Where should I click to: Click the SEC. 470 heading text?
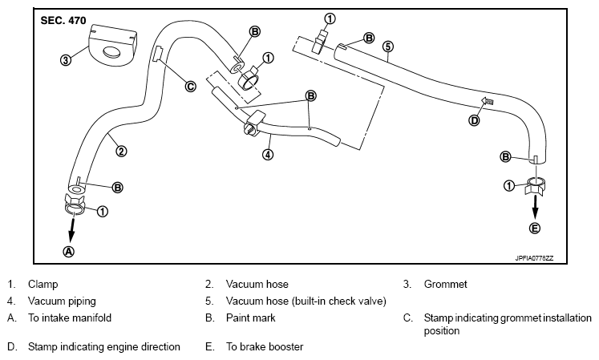(x=63, y=21)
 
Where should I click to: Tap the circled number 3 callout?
(x=66, y=59)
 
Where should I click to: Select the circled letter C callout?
(x=190, y=87)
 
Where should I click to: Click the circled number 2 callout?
(x=121, y=152)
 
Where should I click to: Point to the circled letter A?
(x=69, y=251)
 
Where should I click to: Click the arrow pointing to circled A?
(x=71, y=230)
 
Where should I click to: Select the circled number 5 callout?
(x=388, y=47)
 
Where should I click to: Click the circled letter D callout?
(x=474, y=121)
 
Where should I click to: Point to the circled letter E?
(x=534, y=229)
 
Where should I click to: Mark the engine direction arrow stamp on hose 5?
(x=487, y=101)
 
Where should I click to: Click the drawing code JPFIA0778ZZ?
(x=534, y=258)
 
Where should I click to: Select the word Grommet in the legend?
(x=445, y=285)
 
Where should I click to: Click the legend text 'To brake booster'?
(x=265, y=346)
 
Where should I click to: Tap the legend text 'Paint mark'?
(x=251, y=318)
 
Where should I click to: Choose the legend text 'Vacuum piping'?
(x=62, y=301)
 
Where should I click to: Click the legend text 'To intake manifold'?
(x=70, y=318)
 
